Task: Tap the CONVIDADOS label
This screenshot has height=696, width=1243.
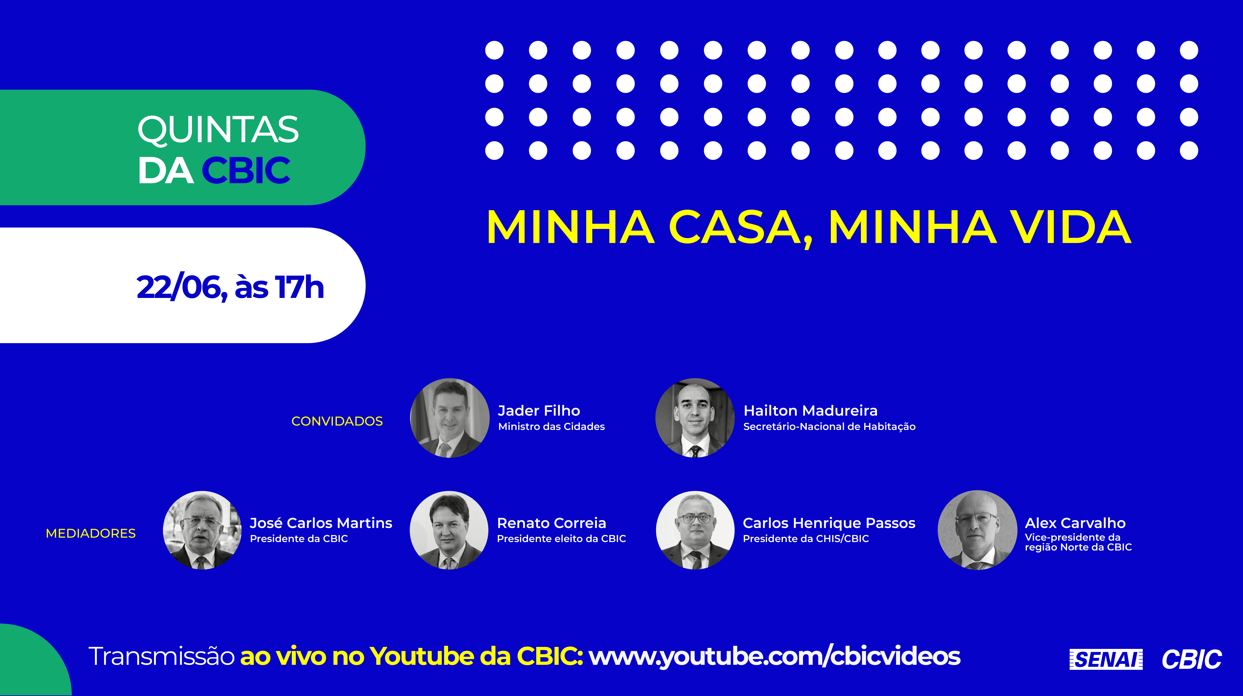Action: click(337, 421)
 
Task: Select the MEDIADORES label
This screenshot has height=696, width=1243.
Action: click(91, 533)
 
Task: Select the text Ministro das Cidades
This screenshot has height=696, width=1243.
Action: click(552, 426)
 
